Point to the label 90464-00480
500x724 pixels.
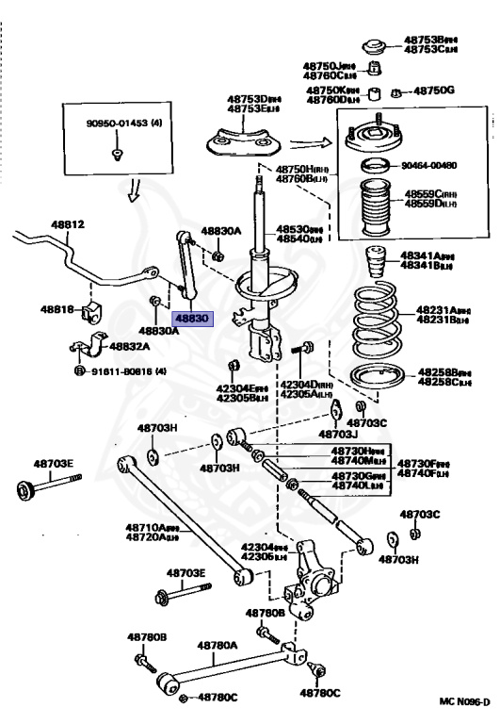pyautogui.click(x=429, y=165)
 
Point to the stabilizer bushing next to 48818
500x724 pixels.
pyautogui.click(x=92, y=312)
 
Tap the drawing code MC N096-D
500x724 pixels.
pyautogui.click(x=464, y=701)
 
